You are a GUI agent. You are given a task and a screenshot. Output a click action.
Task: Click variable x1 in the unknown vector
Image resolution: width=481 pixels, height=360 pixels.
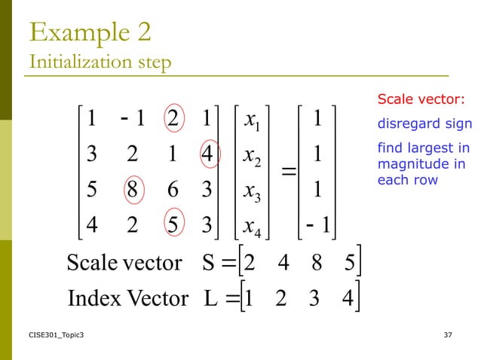coord(253,121)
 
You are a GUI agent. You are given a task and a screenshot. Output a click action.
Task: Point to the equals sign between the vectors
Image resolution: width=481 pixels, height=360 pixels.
coord(286,172)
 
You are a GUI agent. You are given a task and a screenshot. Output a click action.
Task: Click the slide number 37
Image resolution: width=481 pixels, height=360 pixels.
coord(450,334)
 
